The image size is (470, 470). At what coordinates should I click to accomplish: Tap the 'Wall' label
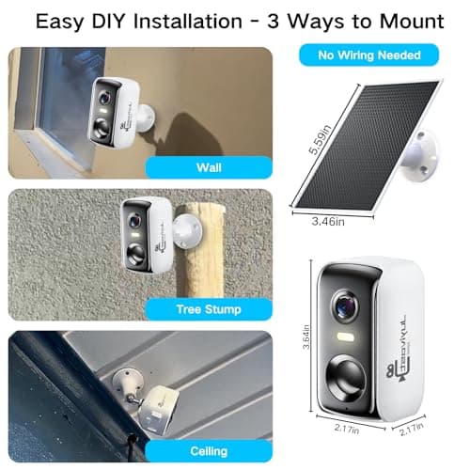[x=208, y=169]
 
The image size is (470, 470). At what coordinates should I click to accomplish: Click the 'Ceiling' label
[x=208, y=452]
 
